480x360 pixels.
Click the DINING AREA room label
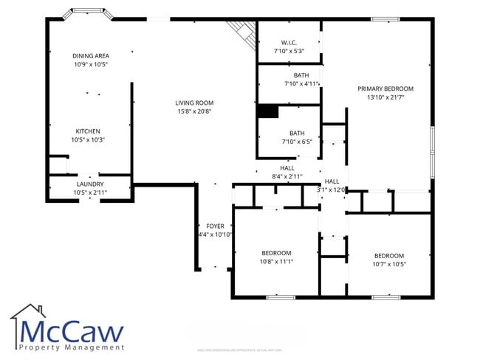pyautogui.click(x=91, y=55)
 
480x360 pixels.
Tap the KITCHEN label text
pyautogui.click(x=88, y=131)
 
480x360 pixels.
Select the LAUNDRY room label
pyautogui.click(x=90, y=184)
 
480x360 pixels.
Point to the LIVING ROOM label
pyautogui.click(x=193, y=103)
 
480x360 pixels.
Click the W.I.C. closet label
pyautogui.click(x=288, y=42)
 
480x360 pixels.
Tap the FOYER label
pyautogui.click(x=214, y=226)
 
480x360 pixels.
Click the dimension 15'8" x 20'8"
pyautogui.click(x=193, y=111)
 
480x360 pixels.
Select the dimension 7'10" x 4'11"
pyautogui.click(x=301, y=84)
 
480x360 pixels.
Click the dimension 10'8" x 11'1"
pyautogui.click(x=275, y=262)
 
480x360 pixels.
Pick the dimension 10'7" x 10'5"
pyautogui.click(x=388, y=264)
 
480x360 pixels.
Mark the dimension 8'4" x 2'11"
pyautogui.click(x=287, y=177)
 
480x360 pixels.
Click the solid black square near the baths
pyautogui.click(x=267, y=111)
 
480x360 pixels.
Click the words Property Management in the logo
pyautogui.click(x=71, y=347)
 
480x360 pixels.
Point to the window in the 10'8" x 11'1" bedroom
pyautogui.click(x=281, y=297)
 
